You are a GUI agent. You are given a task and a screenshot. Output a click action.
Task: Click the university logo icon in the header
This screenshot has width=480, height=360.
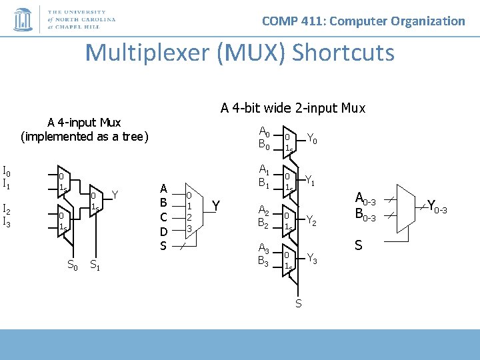point(23,20)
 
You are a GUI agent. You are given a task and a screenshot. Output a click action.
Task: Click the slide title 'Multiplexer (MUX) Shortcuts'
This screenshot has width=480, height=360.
point(240,52)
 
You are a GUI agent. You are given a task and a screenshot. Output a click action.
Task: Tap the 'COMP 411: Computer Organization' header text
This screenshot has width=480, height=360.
point(363,21)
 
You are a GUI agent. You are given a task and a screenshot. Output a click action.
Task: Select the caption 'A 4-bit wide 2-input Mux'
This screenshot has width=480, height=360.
point(293,107)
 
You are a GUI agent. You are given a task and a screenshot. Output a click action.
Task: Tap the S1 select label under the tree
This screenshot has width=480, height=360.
point(95,265)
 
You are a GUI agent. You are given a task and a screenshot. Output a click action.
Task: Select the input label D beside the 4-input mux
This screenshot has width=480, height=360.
point(163,231)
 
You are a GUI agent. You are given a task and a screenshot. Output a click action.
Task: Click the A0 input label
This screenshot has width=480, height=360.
point(265,131)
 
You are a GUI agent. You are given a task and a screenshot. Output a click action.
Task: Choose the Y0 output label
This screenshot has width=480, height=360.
point(312,139)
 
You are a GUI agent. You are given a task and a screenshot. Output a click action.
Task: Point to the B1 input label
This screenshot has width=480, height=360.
point(265,182)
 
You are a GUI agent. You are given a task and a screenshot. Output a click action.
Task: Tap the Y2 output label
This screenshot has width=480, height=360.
point(312,220)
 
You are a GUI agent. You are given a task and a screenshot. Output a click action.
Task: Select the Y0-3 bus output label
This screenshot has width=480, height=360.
point(437,206)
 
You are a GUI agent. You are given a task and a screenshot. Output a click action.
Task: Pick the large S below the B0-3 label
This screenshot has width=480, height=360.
point(359,245)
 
